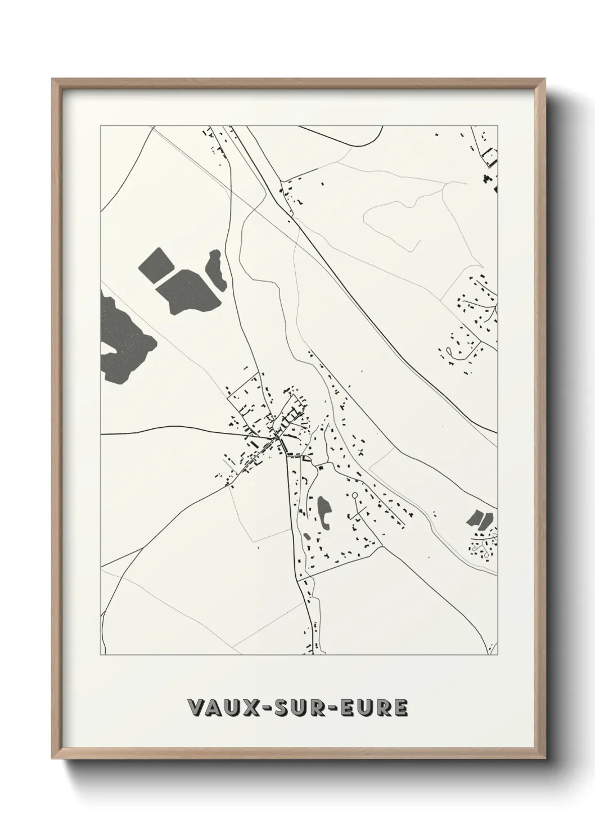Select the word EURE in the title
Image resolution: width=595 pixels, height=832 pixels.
pos(375,707)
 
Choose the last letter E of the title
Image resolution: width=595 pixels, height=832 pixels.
pos(399,707)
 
